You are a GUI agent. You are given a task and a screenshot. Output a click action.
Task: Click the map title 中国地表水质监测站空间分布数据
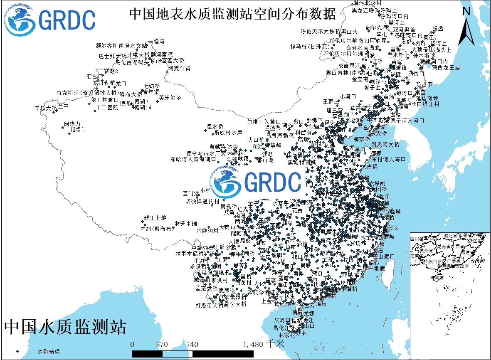tap(232, 14)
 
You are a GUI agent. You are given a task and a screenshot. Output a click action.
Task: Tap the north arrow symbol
tap(466, 27)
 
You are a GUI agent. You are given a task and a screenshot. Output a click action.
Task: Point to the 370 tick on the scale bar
tap(162, 345)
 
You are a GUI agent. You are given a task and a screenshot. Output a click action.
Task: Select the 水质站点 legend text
tap(48, 351)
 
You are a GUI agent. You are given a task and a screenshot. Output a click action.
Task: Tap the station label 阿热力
tap(72, 124)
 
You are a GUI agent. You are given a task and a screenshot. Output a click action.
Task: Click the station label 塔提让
tap(79, 130)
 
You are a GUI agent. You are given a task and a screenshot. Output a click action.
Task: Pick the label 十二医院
tap(107, 107)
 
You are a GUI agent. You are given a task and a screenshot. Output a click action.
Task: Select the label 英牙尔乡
tap(170, 98)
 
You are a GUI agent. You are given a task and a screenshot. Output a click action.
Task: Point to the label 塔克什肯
tap(182, 68)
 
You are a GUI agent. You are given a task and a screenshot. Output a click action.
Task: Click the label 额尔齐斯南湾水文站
tap(121, 45)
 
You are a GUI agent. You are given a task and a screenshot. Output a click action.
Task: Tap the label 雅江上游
tap(155, 218)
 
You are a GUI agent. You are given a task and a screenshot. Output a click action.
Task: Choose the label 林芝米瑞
tap(186, 224)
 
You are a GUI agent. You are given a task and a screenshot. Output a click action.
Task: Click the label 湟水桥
tap(215, 126)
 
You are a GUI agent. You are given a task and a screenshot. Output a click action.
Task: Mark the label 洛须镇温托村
tap(202, 201)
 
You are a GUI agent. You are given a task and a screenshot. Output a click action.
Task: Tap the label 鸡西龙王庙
tap(446, 67)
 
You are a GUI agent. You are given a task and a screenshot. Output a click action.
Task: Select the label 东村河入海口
tap(388, 159)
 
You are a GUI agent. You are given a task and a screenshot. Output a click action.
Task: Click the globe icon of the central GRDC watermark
tap(226, 182)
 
